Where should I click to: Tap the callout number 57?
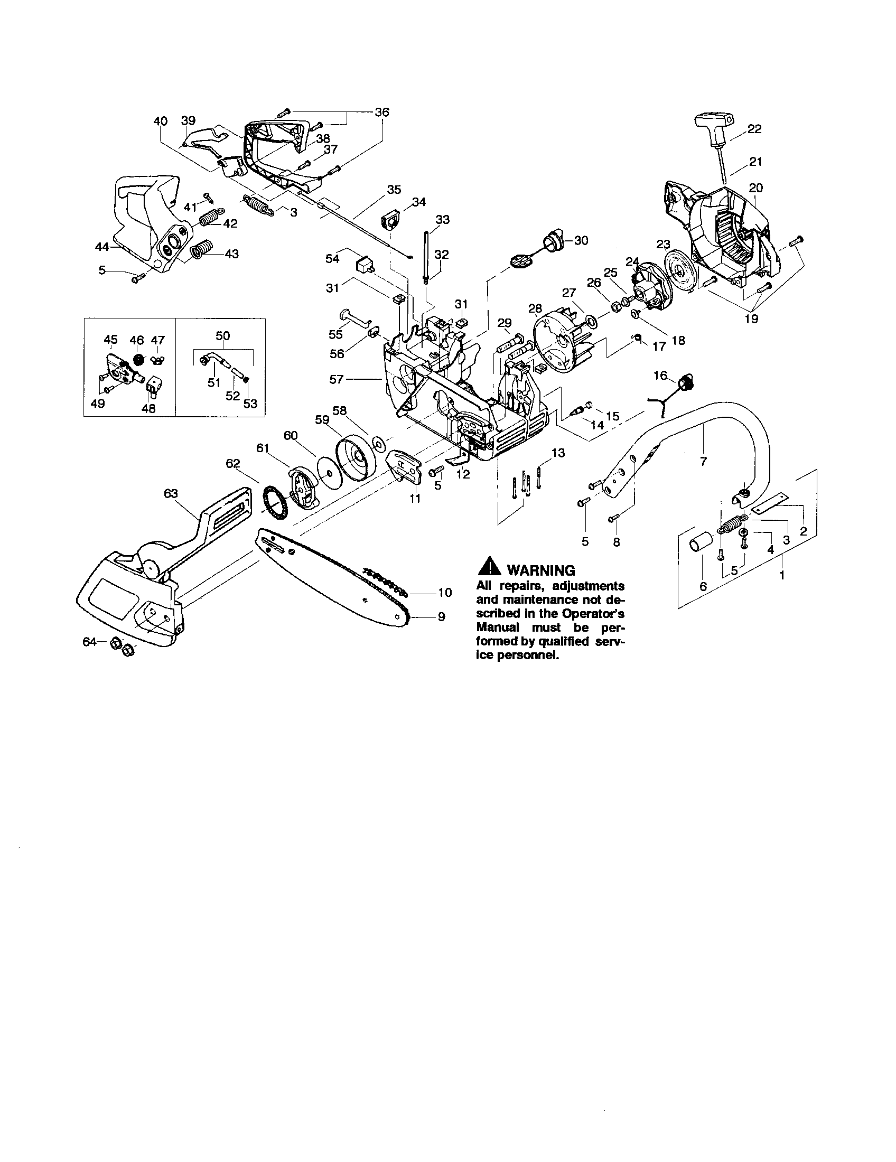(x=337, y=379)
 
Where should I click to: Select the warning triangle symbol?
(x=489, y=567)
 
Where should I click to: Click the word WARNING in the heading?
(x=540, y=570)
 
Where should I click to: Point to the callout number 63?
(x=171, y=494)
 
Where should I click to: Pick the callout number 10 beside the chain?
(x=445, y=592)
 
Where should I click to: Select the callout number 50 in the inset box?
(x=222, y=336)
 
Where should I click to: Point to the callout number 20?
(x=755, y=188)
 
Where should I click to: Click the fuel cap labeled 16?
(x=687, y=382)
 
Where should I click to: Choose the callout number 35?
(x=394, y=190)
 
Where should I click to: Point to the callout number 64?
(x=89, y=642)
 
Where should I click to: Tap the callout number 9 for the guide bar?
(x=441, y=616)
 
